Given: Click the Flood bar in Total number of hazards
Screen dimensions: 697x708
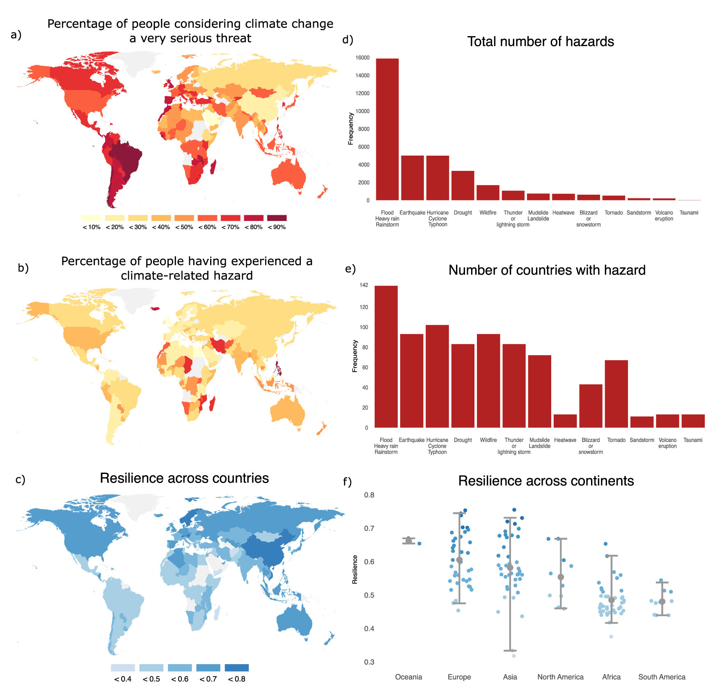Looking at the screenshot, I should [387, 129].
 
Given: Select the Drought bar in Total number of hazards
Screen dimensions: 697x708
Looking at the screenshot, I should [463, 186].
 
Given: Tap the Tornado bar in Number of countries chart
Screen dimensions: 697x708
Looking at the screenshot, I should [616, 394].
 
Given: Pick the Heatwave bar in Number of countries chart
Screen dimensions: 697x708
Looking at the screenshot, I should [565, 421].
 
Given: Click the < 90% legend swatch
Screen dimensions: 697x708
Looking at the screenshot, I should [277, 218].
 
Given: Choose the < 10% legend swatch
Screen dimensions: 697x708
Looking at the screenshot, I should [91, 218].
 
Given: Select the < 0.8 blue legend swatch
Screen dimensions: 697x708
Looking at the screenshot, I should [236, 667].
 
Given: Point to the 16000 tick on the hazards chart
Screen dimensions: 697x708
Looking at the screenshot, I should [362, 58].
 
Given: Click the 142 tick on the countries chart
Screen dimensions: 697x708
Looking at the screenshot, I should [364, 285].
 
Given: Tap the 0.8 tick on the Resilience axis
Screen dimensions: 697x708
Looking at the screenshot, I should [369, 495].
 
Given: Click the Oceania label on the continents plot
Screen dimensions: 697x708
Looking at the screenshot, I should [408, 677].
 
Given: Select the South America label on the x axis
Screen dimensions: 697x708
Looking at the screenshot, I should [662, 677].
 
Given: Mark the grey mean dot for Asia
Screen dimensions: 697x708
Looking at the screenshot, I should [510, 568].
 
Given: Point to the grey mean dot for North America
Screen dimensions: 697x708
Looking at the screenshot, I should [561, 577].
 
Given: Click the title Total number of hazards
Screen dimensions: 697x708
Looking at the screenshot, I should [541, 41].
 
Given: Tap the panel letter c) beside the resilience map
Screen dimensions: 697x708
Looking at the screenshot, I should [20, 479].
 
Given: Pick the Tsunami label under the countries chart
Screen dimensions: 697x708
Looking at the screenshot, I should [692, 440].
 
